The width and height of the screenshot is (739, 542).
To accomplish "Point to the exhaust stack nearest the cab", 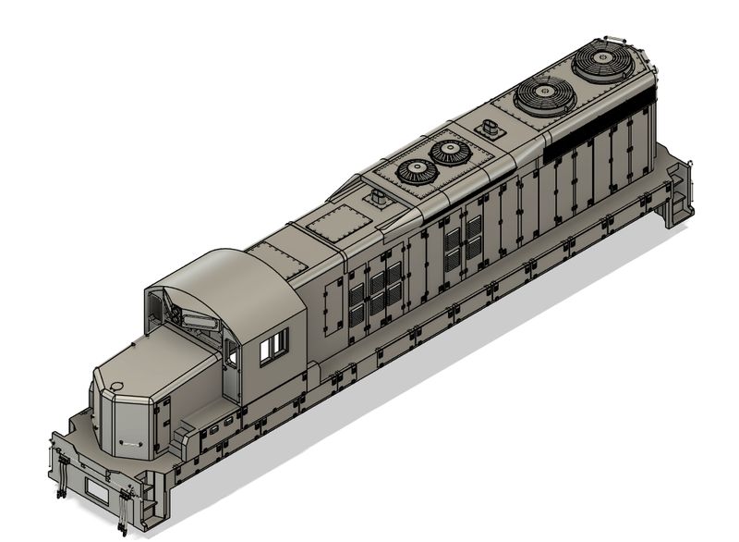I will (x=378, y=198).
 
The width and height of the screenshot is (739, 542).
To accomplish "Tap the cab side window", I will (x=274, y=347).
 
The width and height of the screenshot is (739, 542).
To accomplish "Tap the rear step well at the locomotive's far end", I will (x=679, y=190).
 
